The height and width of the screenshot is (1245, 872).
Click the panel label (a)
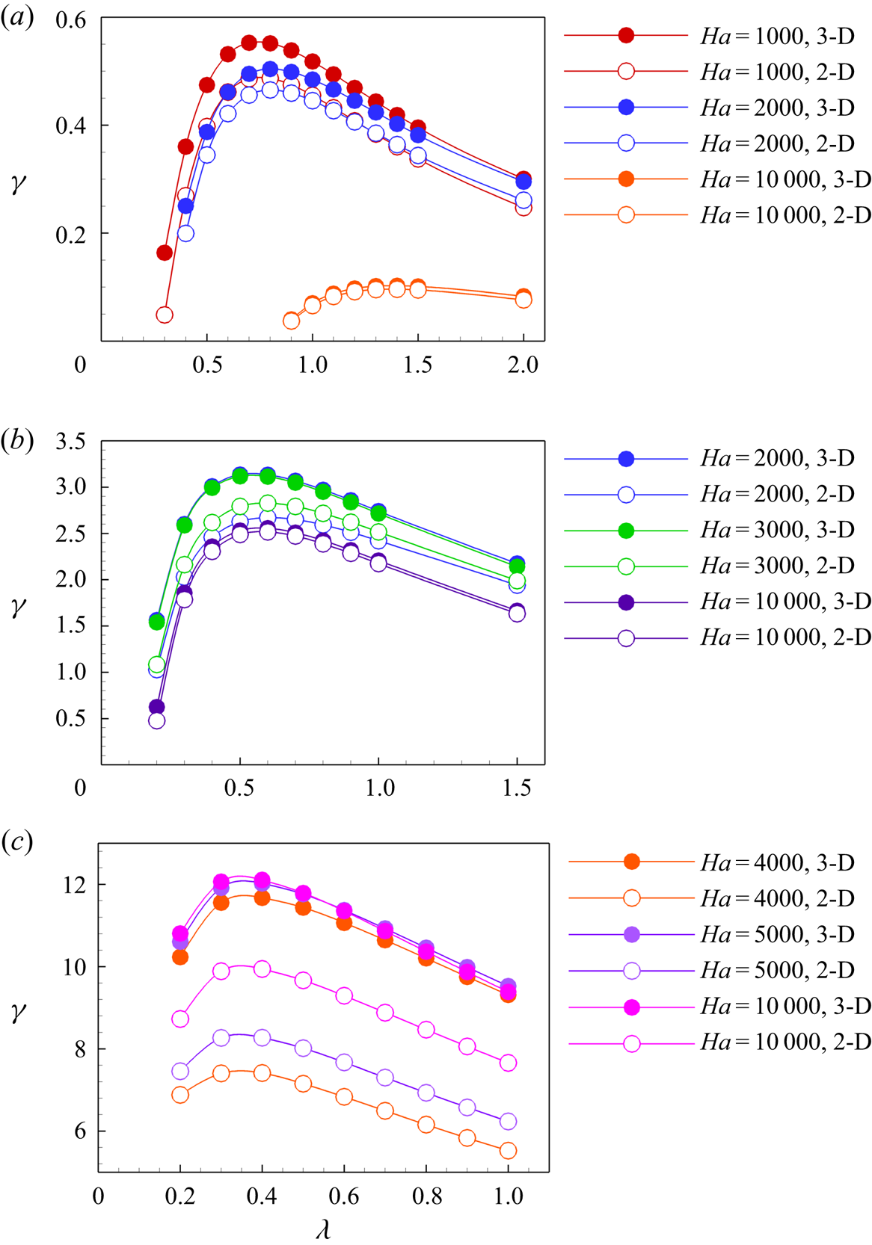pyautogui.click(x=17, y=17)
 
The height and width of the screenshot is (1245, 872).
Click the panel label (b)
pyautogui.click(x=17, y=441)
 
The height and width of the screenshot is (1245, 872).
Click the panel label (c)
pyautogui.click(x=17, y=842)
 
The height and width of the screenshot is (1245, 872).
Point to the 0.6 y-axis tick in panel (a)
pyautogui.click(x=71, y=19)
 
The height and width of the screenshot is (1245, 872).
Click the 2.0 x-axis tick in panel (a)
pyautogui.click(x=523, y=365)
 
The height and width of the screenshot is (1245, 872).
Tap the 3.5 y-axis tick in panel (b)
pyautogui.click(x=71, y=442)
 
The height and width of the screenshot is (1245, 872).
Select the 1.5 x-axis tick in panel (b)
pyautogui.click(x=517, y=788)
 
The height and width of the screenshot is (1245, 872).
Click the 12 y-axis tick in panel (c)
pyautogui.click(x=75, y=885)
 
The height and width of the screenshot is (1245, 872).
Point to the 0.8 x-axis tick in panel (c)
pyautogui.click(x=426, y=1196)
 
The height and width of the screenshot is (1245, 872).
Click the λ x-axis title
pyautogui.click(x=323, y=1229)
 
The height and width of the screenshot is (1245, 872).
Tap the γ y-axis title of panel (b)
pyautogui.click(x=19, y=606)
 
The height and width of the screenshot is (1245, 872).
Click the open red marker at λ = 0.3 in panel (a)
pyautogui.click(x=165, y=315)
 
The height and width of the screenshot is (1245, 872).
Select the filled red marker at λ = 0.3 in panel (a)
pyautogui.click(x=165, y=253)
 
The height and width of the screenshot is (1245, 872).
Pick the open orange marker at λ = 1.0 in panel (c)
pyautogui.click(x=508, y=1151)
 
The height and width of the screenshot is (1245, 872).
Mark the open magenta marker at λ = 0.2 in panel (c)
pyautogui.click(x=180, y=1019)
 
